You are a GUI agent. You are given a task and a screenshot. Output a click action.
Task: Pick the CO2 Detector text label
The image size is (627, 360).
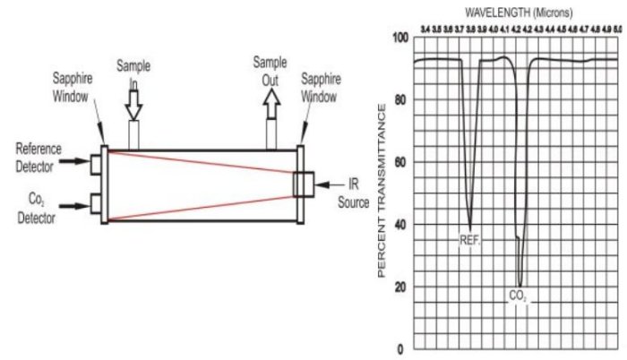pos(37,210)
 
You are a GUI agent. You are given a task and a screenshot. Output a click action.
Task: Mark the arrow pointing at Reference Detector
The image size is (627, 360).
pos(71,165)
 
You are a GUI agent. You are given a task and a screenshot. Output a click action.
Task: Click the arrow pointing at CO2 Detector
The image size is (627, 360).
pos(71,205)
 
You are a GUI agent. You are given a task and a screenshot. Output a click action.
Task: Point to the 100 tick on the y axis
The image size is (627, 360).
pos(400,38)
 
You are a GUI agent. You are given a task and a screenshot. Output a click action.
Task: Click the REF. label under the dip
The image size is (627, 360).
pos(470,239)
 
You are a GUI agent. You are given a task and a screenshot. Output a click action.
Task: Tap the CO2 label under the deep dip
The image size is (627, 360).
pos(519,296)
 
